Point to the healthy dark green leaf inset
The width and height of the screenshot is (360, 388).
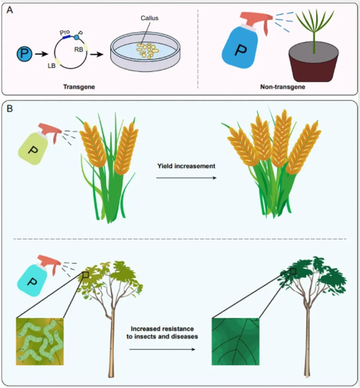pyautogui.click(x=235, y=342)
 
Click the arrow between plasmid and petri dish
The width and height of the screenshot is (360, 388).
pyautogui.click(x=99, y=54)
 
